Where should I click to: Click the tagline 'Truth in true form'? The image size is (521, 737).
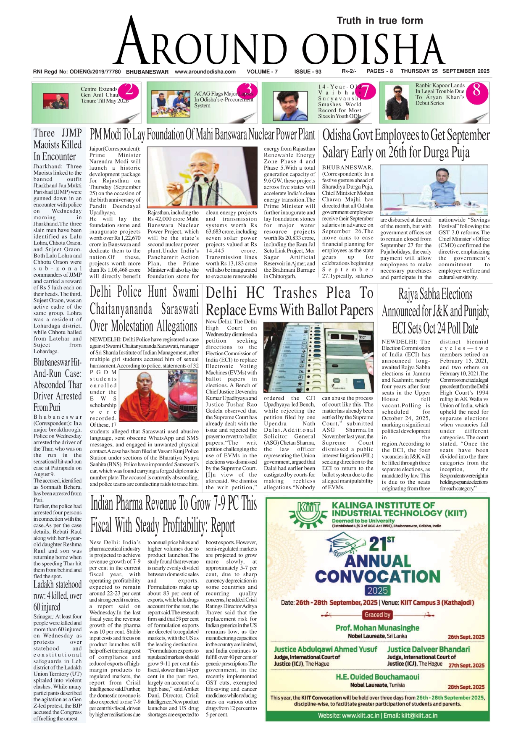(379, 21)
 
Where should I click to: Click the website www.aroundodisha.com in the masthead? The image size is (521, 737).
(205, 71)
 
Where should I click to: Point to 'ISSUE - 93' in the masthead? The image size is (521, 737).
(308, 71)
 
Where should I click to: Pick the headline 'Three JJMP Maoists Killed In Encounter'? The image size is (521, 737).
(58, 145)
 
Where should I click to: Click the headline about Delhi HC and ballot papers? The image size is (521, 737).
(289, 301)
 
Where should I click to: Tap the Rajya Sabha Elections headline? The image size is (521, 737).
(435, 311)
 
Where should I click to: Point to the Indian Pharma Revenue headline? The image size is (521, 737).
(173, 515)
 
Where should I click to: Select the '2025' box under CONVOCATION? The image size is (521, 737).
(377, 590)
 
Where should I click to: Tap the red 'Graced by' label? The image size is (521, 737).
(377, 615)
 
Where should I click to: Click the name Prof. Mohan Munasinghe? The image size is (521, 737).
(377, 628)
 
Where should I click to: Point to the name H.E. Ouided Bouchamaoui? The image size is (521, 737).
(377, 677)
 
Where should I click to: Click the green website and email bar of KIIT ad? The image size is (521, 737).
(377, 715)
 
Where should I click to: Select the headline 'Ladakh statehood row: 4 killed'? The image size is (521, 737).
(58, 595)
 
